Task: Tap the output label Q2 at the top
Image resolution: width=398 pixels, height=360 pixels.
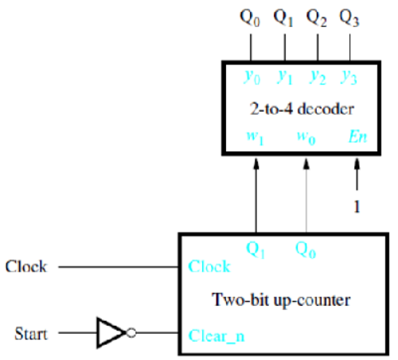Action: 316,17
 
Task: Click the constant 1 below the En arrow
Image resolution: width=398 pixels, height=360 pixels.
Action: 357,207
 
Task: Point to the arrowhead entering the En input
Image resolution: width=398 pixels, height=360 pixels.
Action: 357,163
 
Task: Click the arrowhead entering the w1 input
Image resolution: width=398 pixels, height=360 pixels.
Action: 256,163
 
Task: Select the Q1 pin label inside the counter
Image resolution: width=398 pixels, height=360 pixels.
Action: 256,249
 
